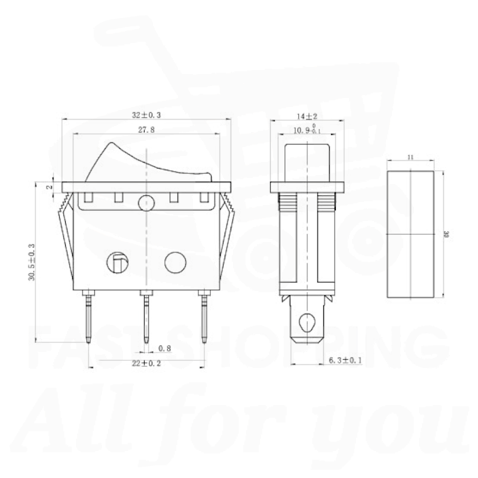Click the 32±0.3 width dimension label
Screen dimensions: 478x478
pos(146,114)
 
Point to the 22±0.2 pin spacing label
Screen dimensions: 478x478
pos(146,362)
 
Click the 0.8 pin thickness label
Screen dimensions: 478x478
pos(164,348)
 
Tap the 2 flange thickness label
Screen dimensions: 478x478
pos(49,186)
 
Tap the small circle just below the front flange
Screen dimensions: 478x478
pos(146,203)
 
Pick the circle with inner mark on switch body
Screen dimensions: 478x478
pos(117,261)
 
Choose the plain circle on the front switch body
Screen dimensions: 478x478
pos(175,261)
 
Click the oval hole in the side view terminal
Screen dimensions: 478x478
pos(308,321)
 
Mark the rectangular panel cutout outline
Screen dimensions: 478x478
pos(412,234)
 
